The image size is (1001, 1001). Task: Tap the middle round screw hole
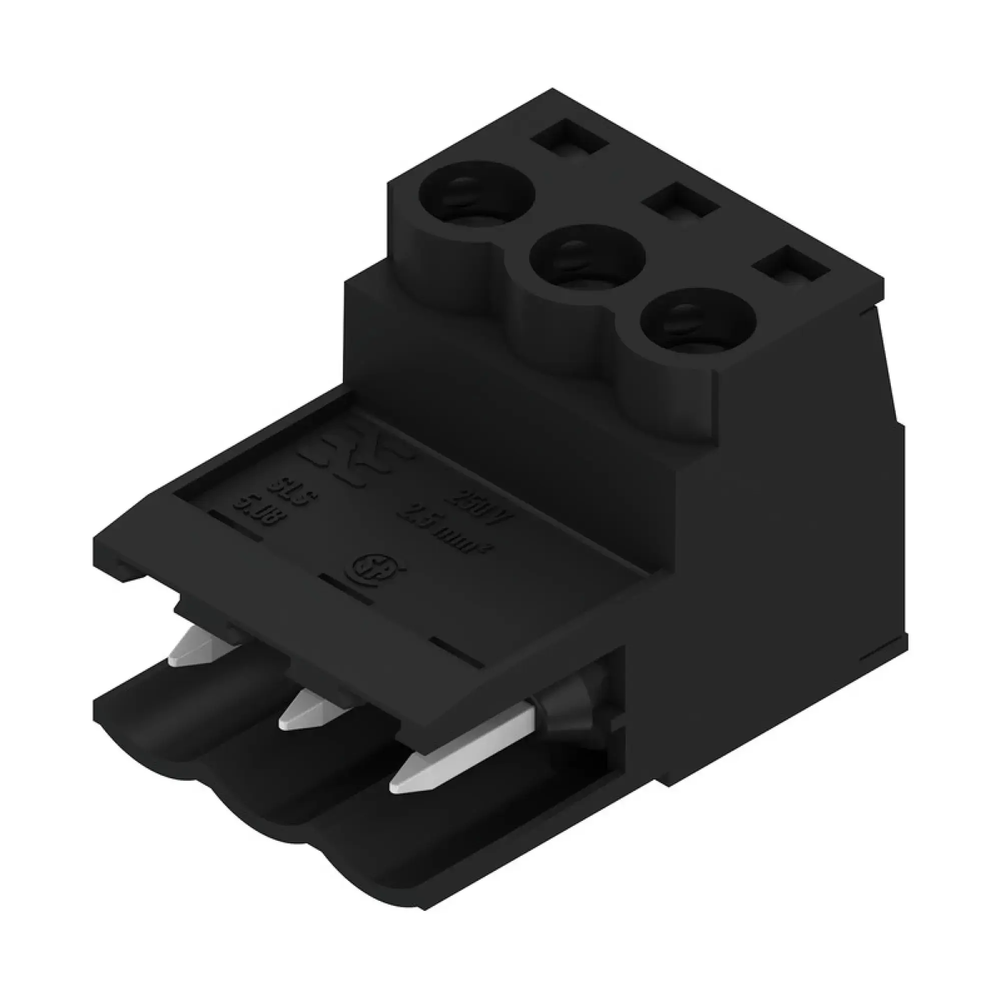click(587, 256)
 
